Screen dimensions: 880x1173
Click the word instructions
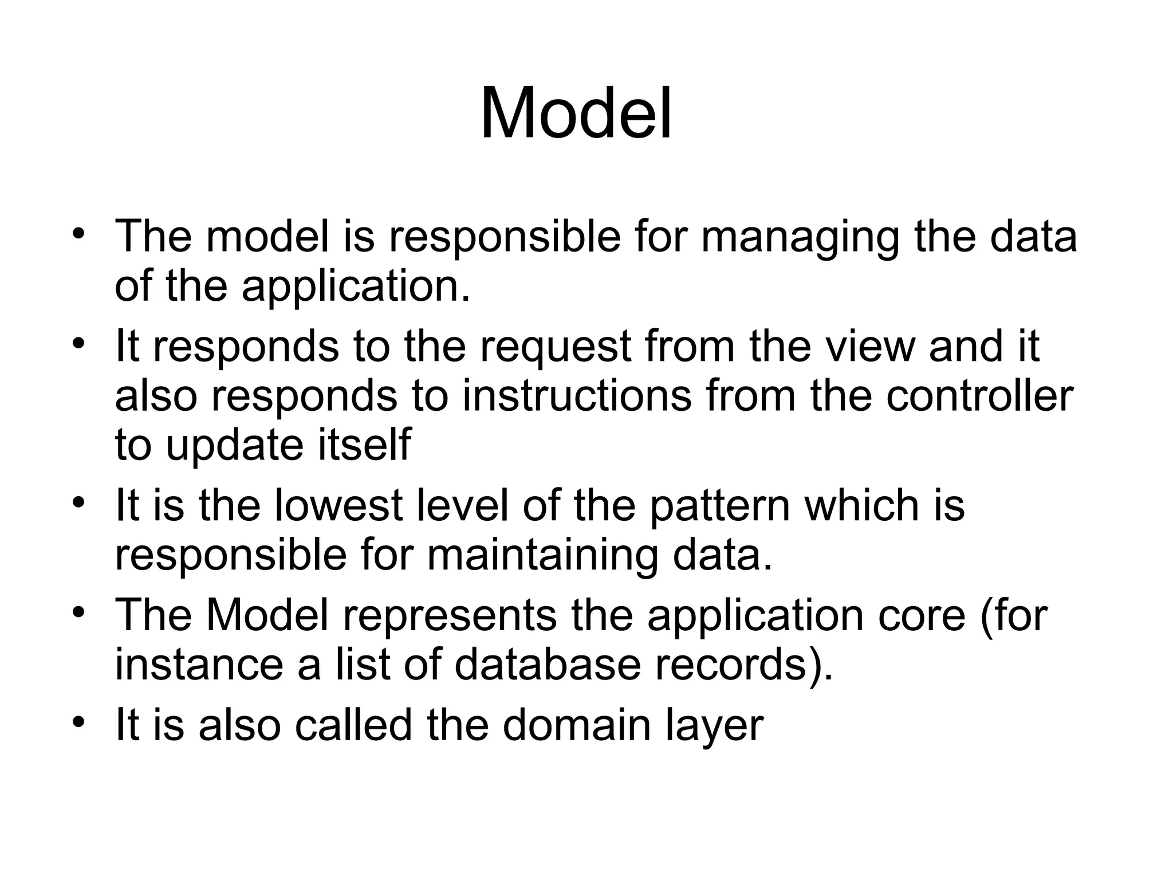tap(577, 396)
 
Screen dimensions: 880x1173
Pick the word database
tap(547, 665)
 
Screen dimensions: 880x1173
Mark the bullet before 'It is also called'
tap(79, 720)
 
